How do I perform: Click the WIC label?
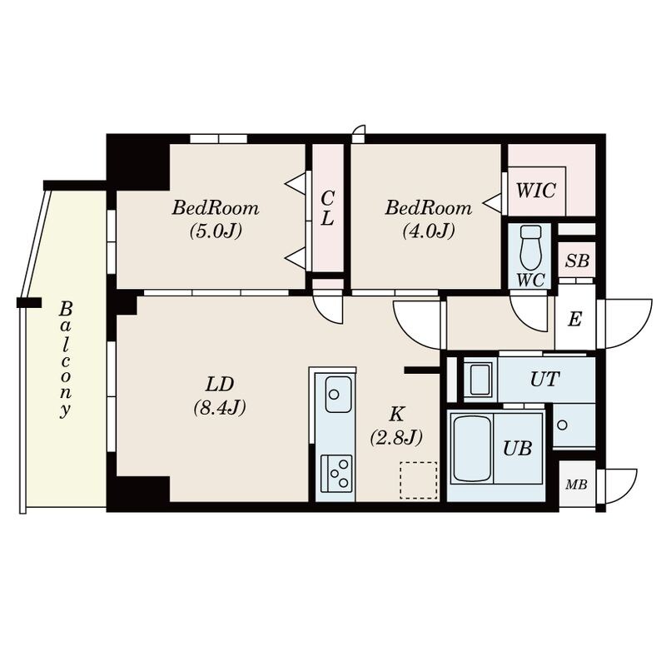535,190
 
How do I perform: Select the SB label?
577,261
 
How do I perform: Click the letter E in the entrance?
574,320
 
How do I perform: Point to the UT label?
544,380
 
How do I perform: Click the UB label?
517,448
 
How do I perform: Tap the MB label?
576,485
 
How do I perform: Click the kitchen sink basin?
338,393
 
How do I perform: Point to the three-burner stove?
336,473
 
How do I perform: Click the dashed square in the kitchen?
418,480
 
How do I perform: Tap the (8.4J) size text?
220,408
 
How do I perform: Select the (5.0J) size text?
216,231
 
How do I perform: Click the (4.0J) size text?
428,231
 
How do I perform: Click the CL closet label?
328,208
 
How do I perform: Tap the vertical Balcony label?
64,359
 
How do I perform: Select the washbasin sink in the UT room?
480,380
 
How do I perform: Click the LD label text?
220,384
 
